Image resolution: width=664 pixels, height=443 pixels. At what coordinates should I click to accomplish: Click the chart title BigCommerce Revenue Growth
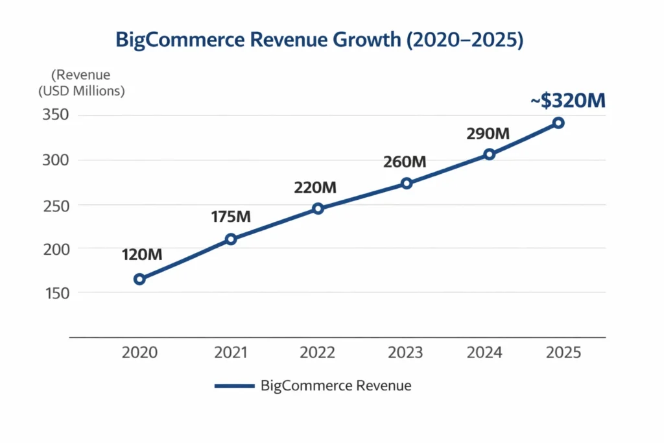coord(319,40)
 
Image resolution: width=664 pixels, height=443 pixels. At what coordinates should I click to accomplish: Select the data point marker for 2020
coord(139,279)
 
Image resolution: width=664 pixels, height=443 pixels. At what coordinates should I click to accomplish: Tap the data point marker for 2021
coord(231,239)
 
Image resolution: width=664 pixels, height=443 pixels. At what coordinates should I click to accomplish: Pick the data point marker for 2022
coord(318,208)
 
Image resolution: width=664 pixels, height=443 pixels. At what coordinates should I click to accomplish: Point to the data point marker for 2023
coord(407,183)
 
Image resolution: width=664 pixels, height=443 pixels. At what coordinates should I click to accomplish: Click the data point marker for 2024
coord(490,154)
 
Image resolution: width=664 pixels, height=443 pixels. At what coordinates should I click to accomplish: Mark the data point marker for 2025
coord(558,123)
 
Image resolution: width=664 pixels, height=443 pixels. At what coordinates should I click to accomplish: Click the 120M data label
coord(141,254)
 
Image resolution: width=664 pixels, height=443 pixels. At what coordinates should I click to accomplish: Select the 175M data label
coord(231,217)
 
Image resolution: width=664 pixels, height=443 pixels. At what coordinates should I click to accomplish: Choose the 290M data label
coord(488,134)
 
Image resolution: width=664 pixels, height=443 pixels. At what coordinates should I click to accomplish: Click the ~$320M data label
coord(567,101)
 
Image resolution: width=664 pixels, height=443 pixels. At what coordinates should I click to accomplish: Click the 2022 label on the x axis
coord(317,352)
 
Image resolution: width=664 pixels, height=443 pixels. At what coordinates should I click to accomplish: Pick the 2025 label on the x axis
coord(563,352)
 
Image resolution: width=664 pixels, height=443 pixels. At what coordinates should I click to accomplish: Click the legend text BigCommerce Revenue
coord(336,386)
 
